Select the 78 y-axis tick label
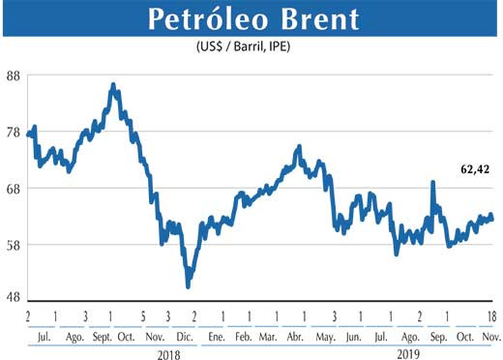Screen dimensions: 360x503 13,133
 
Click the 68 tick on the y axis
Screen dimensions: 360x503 13,189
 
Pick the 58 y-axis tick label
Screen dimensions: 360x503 13,245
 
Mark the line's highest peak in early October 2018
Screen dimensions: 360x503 113,85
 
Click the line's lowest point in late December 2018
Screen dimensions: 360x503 188,285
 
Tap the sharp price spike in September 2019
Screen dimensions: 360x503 431,181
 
